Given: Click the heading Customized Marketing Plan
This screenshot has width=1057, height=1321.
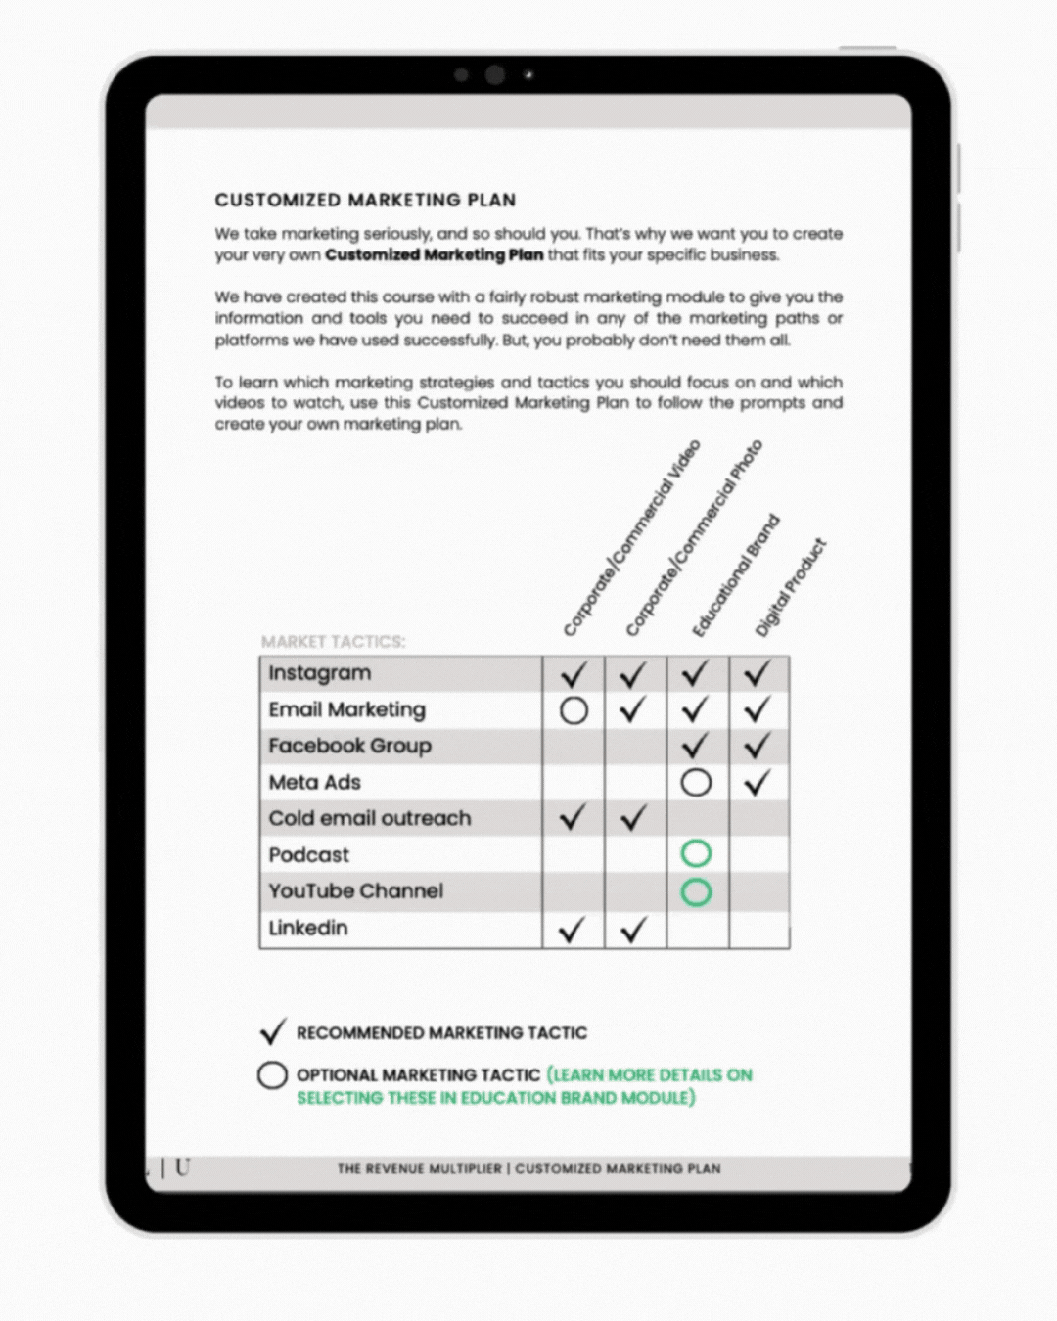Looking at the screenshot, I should (x=365, y=201).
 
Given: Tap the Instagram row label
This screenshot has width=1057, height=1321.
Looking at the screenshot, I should (x=320, y=673).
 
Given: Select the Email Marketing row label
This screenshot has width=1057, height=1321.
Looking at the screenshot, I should (x=346, y=709).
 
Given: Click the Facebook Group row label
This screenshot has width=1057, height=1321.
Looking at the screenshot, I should (x=349, y=746).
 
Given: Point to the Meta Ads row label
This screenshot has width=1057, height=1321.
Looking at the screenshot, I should (x=314, y=782).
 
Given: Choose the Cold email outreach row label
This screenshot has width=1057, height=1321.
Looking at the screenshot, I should (x=369, y=818).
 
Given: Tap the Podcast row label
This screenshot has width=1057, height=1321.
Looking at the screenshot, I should (x=308, y=855).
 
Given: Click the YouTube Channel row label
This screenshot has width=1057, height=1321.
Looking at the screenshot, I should (x=355, y=891).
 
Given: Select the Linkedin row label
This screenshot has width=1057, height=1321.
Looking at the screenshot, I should (x=307, y=928).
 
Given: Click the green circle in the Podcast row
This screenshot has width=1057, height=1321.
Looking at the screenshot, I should (x=696, y=854).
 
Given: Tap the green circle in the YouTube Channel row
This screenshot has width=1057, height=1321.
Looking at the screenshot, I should (x=696, y=891).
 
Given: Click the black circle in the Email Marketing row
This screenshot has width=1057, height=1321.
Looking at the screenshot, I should (x=574, y=710).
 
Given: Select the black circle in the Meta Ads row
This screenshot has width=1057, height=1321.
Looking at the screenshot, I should (x=696, y=782).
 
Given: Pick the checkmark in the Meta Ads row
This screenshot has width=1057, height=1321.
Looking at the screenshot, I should (x=758, y=782).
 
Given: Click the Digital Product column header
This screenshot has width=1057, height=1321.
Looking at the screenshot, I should (x=791, y=588).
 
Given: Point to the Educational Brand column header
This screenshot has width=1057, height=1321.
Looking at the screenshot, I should (x=736, y=575).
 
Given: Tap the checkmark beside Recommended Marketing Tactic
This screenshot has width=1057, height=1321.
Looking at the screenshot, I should (x=273, y=1032).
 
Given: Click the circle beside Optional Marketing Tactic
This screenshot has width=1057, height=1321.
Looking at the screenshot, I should (x=272, y=1075).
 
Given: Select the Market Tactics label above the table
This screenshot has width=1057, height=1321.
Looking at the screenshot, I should (x=333, y=642).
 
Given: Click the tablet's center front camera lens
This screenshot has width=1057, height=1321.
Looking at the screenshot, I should (x=495, y=74).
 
